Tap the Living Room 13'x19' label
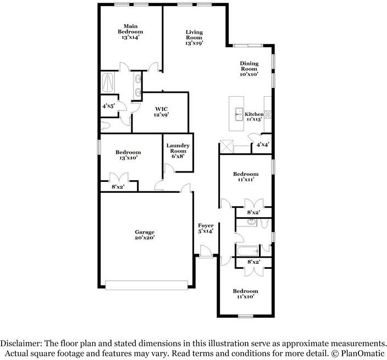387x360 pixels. (195, 37)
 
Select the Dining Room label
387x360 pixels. (248, 69)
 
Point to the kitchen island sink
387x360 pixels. (240, 114)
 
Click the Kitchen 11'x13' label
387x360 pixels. (255, 117)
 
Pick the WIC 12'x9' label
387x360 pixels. (161, 112)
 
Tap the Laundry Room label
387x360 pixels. (178, 151)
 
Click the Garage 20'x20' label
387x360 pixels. (145, 235)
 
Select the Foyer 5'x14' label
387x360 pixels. (206, 228)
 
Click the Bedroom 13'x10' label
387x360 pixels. (128, 155)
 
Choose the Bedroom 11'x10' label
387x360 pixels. (245, 294)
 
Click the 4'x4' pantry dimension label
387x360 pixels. (262, 145)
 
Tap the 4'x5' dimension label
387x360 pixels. (108, 106)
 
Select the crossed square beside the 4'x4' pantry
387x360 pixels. (227, 147)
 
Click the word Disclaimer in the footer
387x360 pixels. (25, 342)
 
